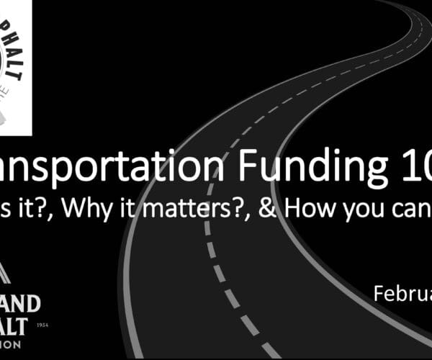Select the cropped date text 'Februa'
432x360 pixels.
(402, 293)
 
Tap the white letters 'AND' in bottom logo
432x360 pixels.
(21, 300)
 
